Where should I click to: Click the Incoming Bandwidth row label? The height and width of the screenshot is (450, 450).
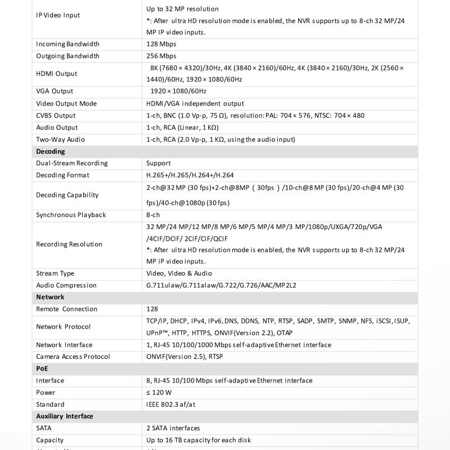(x=67, y=44)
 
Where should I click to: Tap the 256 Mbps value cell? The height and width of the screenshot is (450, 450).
(x=161, y=56)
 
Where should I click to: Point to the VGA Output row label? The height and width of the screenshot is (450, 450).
(x=55, y=91)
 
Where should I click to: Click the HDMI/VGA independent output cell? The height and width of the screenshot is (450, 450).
(x=195, y=103)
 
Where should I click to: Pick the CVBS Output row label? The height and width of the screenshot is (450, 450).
(x=56, y=115)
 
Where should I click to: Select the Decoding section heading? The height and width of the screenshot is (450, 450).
(x=51, y=151)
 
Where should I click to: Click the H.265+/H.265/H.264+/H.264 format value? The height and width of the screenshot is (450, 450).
(x=190, y=175)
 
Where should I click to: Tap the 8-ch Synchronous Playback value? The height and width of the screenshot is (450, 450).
(x=154, y=215)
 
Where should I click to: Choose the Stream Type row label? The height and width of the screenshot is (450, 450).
(x=55, y=273)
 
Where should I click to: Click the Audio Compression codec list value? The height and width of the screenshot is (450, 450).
(x=221, y=285)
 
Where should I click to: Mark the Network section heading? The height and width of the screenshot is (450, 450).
(x=50, y=297)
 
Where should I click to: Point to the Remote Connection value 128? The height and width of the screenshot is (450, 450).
(x=152, y=309)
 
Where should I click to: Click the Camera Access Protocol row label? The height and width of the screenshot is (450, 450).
(x=73, y=357)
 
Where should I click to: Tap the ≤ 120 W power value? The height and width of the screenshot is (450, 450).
(x=159, y=393)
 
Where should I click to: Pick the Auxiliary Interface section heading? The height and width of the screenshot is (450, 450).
(x=65, y=416)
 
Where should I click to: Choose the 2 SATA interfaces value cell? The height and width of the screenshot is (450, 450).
(x=173, y=428)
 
